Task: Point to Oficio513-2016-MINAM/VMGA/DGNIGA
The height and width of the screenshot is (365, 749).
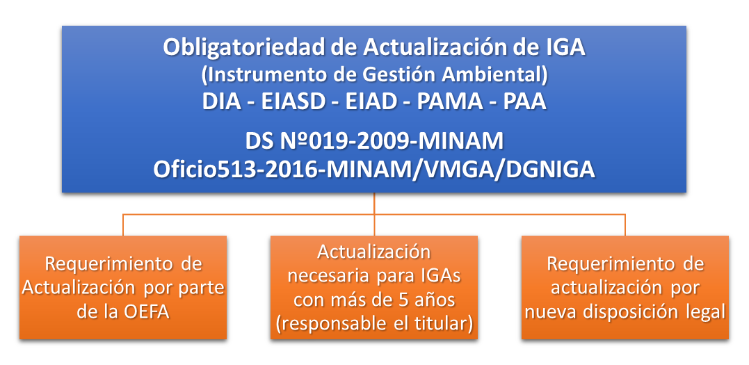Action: (x=374, y=170)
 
